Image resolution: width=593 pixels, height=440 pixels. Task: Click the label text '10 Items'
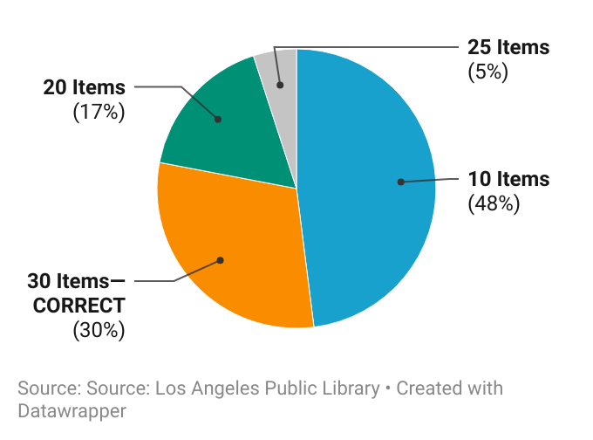pos(508,180)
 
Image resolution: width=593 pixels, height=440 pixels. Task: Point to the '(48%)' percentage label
pos(494,204)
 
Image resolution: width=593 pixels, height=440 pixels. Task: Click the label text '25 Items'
pos(508,47)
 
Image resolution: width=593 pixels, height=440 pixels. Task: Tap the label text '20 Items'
pos(85,87)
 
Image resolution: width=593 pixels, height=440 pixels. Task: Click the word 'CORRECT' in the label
pos(76,306)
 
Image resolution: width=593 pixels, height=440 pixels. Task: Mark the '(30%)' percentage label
pos(99,330)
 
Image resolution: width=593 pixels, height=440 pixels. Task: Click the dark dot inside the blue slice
pos(400,182)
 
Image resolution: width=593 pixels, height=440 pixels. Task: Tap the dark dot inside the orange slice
pos(221,260)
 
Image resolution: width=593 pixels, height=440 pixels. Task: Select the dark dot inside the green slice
pos(218,119)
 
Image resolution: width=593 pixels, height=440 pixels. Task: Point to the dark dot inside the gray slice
pos(280,85)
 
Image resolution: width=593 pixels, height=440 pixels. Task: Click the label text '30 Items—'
pos(76,281)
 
